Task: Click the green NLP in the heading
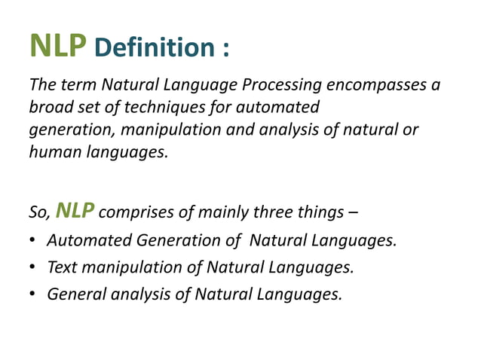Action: pos(59,47)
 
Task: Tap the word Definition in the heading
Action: pos(155,49)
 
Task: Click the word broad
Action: pos(49,107)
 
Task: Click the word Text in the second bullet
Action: pos(62,267)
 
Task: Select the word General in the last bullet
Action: pos(75,294)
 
